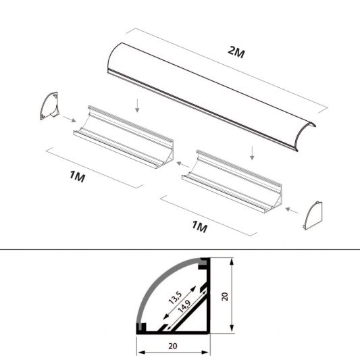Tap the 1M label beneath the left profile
pyautogui.click(x=77, y=177)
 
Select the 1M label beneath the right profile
pyautogui.click(x=201, y=226)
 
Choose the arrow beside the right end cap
pyautogui.click(x=292, y=210)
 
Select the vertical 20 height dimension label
pyautogui.click(x=226, y=296)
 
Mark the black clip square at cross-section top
pyautogui.click(x=202, y=263)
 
